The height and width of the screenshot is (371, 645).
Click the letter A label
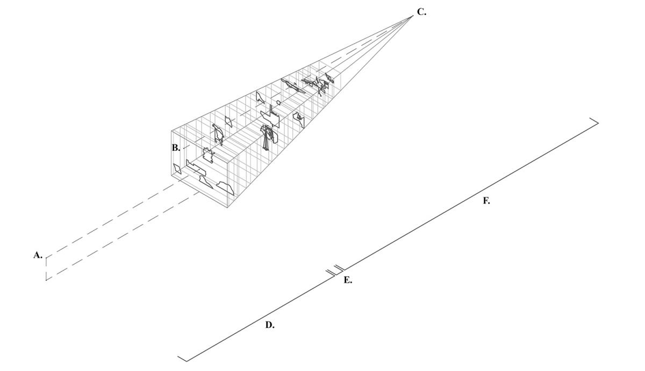click(x=38, y=255)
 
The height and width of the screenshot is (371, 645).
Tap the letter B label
click(x=176, y=148)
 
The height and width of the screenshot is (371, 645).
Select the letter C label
click(x=421, y=12)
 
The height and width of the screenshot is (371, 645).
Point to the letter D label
click(x=270, y=325)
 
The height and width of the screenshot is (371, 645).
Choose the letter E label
click(x=348, y=280)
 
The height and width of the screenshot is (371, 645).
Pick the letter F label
click(x=486, y=201)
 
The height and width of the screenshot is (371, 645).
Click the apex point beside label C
click(x=413, y=16)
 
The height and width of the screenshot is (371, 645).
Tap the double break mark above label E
click(x=334, y=270)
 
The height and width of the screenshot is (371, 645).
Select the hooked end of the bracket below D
click(x=183, y=359)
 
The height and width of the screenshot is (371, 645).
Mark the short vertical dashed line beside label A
click(x=46, y=268)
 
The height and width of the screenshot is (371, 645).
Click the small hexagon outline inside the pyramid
click(x=278, y=102)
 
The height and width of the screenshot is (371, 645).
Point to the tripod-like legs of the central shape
click(x=266, y=143)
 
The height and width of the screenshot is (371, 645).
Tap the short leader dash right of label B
click(x=187, y=147)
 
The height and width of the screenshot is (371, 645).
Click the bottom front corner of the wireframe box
click(x=227, y=207)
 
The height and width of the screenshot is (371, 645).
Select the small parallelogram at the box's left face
click(x=177, y=169)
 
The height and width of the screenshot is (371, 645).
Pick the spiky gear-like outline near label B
click(x=208, y=155)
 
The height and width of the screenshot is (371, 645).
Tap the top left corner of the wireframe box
click(x=171, y=131)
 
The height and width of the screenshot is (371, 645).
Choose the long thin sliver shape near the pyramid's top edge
click(x=293, y=86)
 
